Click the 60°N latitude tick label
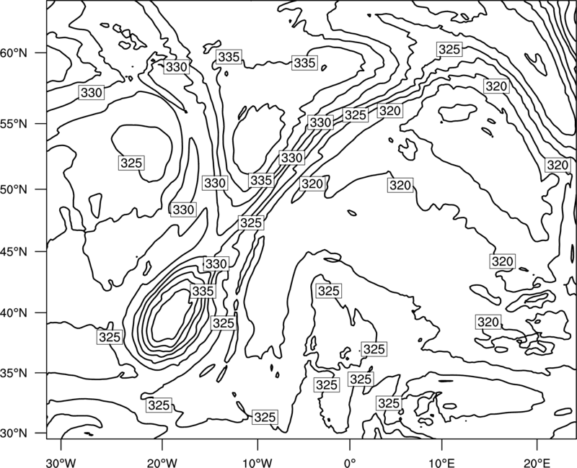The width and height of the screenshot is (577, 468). pyautogui.click(x=14, y=53)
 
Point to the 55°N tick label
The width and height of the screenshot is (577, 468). pyautogui.click(x=14, y=124)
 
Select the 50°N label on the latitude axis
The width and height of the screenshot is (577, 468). pyautogui.click(x=14, y=189)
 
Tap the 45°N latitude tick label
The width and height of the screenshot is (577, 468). pyautogui.click(x=14, y=251)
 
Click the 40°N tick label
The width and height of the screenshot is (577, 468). pyautogui.click(x=14, y=313)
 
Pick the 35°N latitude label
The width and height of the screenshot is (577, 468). pyautogui.click(x=14, y=373)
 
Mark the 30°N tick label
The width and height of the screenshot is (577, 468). pyautogui.click(x=14, y=433)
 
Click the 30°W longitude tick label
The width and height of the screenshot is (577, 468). pyautogui.click(x=61, y=462)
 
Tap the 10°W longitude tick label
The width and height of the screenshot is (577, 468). pyautogui.click(x=257, y=462)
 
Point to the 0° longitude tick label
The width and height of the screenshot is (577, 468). pyautogui.click(x=350, y=462)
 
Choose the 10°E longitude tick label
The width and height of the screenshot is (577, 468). pyautogui.click(x=441, y=462)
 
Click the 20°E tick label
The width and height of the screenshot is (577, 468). pyautogui.click(x=537, y=462)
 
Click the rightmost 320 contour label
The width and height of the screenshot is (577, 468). pyautogui.click(x=558, y=165)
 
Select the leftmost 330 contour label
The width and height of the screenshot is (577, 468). pyautogui.click(x=92, y=93)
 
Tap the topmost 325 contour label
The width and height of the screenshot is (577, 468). pyautogui.click(x=449, y=49)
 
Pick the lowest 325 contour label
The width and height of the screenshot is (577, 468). pyautogui.click(x=265, y=417)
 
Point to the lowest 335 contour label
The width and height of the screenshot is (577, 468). pyautogui.click(x=203, y=291)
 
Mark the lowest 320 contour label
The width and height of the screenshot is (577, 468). pyautogui.click(x=488, y=322)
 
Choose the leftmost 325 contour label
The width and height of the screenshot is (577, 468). pyautogui.click(x=110, y=337)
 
